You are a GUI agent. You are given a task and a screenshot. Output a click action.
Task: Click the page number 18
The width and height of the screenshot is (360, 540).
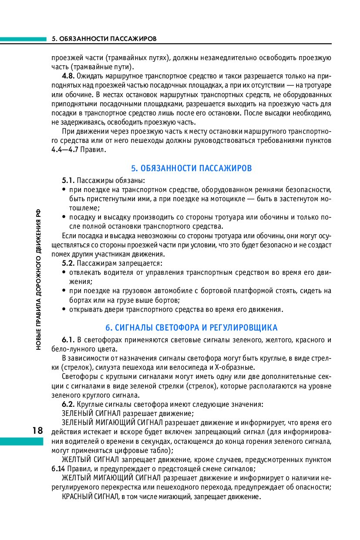coord(37,431)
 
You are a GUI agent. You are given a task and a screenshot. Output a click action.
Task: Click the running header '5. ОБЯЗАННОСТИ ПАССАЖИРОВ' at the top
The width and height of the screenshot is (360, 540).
coord(104,39)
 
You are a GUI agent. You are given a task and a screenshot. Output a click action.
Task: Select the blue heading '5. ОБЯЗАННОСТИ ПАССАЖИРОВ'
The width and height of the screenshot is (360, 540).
coord(192,168)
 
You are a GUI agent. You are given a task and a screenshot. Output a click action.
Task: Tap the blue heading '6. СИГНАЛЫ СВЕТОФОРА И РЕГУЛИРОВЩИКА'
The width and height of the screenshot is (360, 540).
coord(192,327)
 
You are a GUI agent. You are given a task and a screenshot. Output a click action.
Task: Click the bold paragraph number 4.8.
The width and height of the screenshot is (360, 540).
coord(68,76)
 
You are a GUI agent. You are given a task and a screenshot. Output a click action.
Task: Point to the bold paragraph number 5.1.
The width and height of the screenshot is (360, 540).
coord(68,180)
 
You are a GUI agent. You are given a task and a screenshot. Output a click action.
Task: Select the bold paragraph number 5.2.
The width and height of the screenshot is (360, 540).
coord(68,263)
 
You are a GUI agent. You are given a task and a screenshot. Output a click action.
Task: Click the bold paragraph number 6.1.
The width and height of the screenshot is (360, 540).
coord(68,340)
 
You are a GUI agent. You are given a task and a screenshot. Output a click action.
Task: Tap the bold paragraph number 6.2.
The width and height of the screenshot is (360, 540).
coord(68,404)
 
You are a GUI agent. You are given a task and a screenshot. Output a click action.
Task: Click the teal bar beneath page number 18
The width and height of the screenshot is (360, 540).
coord(22,441)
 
